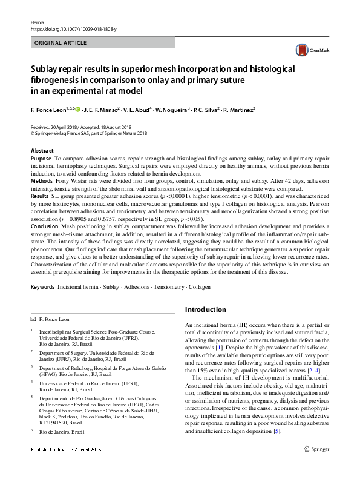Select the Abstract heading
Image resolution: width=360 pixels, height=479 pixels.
tap(42, 150)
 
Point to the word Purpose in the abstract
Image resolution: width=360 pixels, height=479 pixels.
tap(41, 158)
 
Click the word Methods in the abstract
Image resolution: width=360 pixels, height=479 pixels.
tap(41, 181)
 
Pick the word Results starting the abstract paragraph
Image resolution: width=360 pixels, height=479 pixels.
tap(39, 196)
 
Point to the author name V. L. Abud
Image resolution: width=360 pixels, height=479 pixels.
tap(138, 110)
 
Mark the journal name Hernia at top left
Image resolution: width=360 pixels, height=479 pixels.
tap(37, 21)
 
